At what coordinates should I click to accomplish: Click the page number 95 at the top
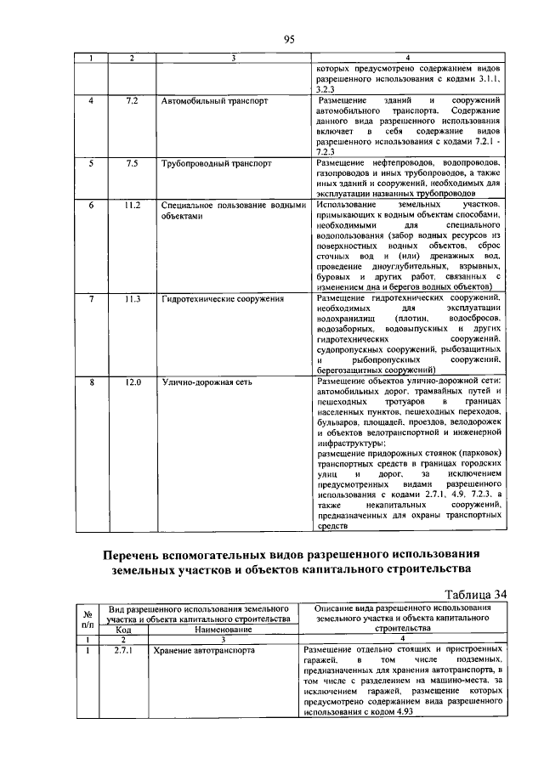(288, 39)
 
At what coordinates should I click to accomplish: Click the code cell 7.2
(132, 100)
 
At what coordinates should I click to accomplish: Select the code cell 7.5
(132, 161)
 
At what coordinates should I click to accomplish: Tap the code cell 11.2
(132, 206)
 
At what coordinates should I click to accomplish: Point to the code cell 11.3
(132, 300)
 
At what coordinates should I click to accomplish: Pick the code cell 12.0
(132, 382)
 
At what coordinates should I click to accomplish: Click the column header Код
(123, 630)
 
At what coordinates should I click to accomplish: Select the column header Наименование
(224, 630)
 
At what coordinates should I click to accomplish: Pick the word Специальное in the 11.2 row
(188, 206)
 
